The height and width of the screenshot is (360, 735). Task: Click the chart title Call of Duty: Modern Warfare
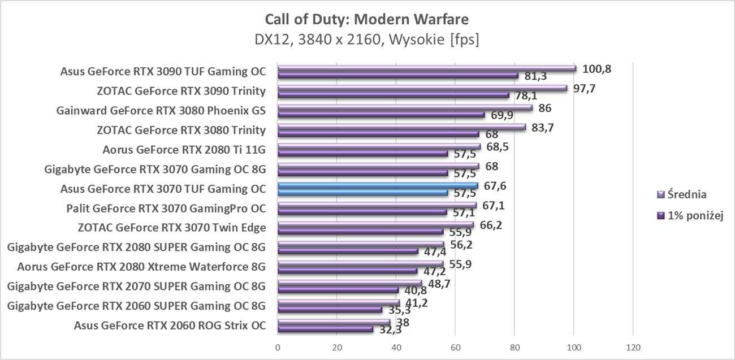pos(366,20)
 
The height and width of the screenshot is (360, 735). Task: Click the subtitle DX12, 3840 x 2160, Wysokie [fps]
pos(366,40)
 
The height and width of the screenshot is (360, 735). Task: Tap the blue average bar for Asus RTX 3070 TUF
pos(378,185)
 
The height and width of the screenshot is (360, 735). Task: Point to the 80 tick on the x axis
pos(514,346)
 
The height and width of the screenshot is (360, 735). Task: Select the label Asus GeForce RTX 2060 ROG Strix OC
pos(170,326)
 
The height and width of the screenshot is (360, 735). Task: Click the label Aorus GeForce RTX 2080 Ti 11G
pos(184,150)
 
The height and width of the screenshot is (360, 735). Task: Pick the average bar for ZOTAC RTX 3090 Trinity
pos(422,88)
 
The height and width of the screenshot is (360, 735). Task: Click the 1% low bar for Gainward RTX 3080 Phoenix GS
pos(381,114)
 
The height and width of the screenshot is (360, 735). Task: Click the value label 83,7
pos(541,128)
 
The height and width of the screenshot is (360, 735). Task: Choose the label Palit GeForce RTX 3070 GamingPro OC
pos(166,209)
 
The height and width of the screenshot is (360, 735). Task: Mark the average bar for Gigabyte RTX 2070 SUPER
pos(349,283)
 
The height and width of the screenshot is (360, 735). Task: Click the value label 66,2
pos(490,225)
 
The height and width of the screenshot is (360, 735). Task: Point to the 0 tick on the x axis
pos(278,346)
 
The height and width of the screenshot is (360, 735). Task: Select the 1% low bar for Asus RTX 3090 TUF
pos(397,75)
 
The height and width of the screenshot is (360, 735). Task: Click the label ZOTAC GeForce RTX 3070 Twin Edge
pos(171,228)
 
